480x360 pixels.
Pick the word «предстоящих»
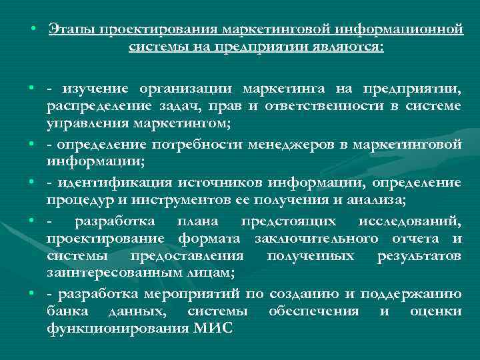299,221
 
